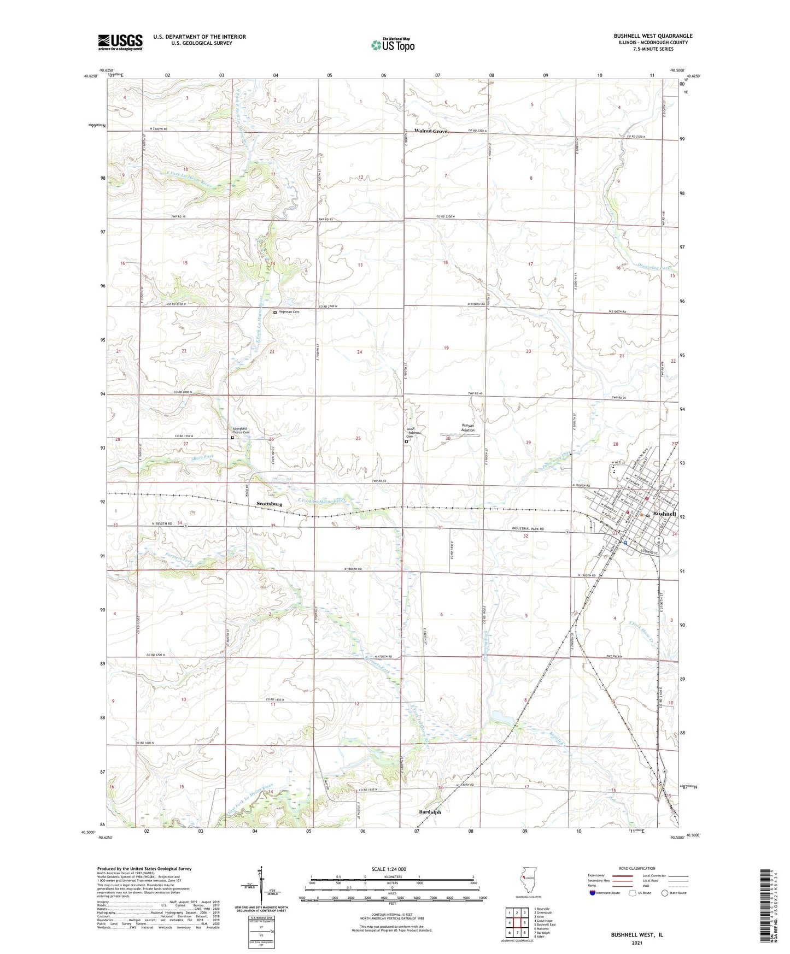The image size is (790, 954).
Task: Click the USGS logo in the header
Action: (120, 42)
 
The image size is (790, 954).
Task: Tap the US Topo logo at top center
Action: (392, 44)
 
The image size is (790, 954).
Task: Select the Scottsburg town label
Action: (269, 504)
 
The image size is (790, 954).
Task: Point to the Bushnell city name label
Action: (664, 514)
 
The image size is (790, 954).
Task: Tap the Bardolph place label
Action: (429, 812)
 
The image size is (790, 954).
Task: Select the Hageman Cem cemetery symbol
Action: (275, 312)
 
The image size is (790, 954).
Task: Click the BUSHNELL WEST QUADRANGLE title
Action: (653, 36)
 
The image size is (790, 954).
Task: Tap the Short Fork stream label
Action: (201, 456)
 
